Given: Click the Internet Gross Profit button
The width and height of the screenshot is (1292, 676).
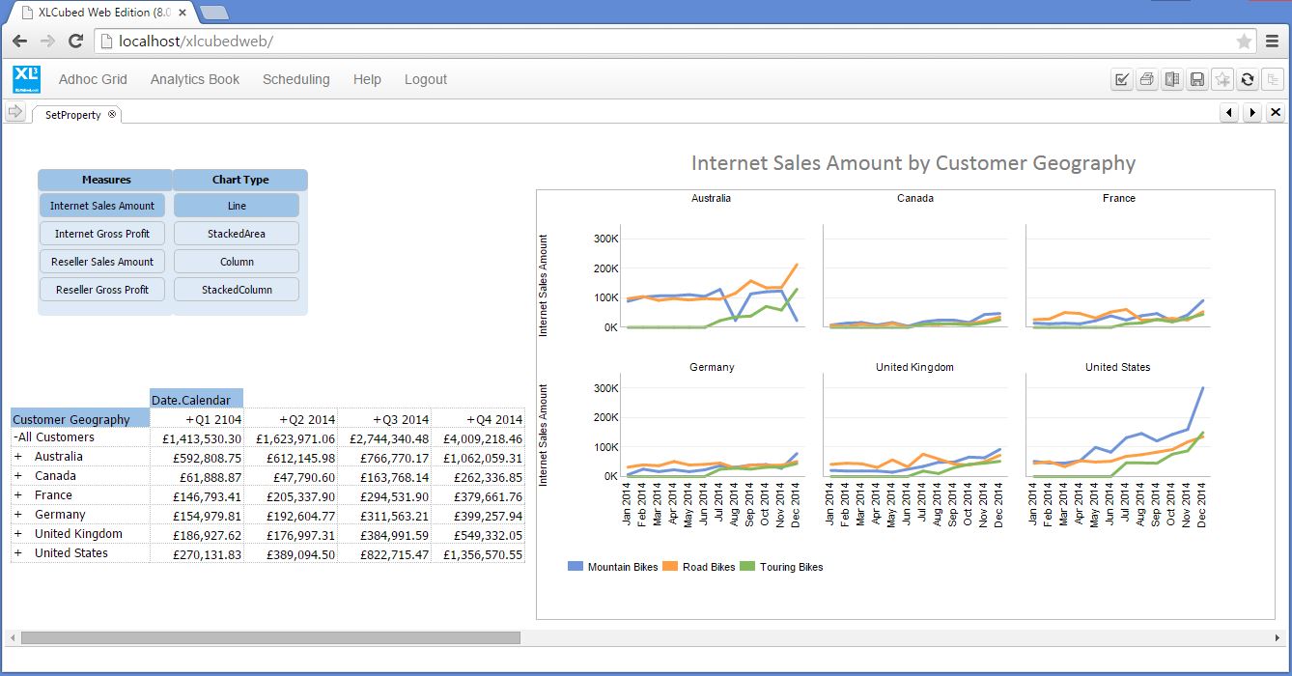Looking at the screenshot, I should (102, 234).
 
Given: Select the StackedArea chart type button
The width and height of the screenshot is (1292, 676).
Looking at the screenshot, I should (237, 234).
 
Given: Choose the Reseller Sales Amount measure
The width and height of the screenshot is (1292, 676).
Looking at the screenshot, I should (102, 262).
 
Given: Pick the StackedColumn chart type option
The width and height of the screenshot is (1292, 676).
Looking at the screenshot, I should (237, 290).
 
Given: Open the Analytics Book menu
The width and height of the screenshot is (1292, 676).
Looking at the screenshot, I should (194, 79).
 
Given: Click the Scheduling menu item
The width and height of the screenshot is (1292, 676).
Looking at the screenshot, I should (295, 79).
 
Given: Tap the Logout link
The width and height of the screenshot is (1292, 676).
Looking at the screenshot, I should (425, 79).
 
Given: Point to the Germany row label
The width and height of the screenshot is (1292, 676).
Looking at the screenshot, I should (60, 515).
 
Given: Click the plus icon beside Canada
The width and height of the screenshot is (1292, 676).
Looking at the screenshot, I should (18, 476).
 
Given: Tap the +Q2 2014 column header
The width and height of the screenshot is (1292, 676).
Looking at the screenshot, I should (307, 419).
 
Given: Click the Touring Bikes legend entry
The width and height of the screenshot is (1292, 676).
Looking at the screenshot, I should (791, 567).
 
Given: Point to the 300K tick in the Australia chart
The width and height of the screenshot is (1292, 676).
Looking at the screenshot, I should (605, 239).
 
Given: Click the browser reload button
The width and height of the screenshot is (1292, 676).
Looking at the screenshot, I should (75, 42).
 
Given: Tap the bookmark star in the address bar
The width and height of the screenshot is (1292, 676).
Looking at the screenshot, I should (1244, 42).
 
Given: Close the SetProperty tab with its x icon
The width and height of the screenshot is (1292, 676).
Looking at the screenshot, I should (112, 114).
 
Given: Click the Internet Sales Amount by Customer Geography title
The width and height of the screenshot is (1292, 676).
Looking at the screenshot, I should (913, 163).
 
